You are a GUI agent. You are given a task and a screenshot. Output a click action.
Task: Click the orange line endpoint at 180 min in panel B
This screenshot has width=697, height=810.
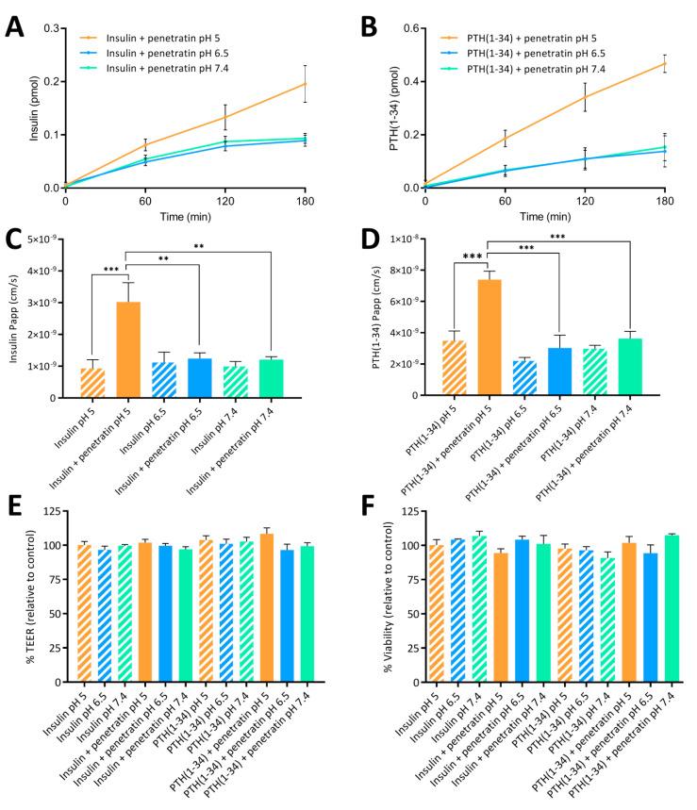click(x=665, y=63)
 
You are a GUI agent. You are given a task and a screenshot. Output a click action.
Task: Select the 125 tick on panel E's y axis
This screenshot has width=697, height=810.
click(x=53, y=512)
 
